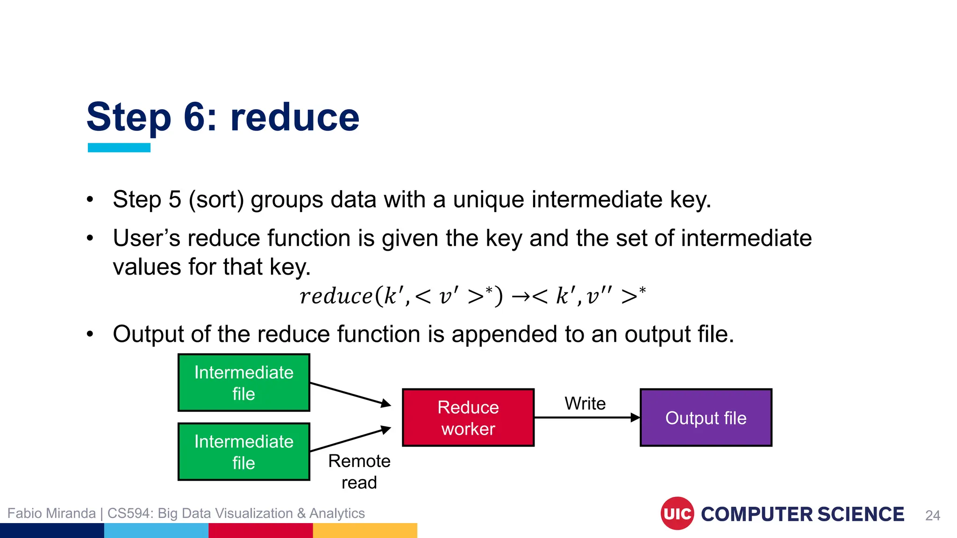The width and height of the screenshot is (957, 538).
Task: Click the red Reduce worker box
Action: click(x=468, y=418)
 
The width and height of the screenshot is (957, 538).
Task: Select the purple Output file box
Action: click(x=706, y=418)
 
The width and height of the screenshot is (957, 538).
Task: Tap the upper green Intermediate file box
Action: click(x=243, y=382)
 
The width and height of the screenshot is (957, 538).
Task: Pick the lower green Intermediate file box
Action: click(x=243, y=452)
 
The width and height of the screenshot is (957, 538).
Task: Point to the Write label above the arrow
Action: click(x=585, y=403)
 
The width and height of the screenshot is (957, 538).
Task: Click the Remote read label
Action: click(x=359, y=471)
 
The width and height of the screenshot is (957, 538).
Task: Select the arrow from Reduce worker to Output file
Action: click(x=586, y=418)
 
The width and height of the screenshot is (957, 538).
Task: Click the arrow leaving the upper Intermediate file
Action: click(x=350, y=394)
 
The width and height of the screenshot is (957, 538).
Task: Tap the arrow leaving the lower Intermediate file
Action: click(x=350, y=439)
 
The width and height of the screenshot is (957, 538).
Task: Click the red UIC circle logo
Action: click(x=677, y=514)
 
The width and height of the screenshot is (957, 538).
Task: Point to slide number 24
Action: click(x=932, y=515)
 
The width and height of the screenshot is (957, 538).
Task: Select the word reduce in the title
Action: click(x=295, y=118)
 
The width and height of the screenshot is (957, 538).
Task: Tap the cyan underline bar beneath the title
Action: click(x=119, y=148)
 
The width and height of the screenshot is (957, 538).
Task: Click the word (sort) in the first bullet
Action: click(x=216, y=200)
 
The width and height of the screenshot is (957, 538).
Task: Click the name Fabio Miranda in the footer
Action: click(x=51, y=513)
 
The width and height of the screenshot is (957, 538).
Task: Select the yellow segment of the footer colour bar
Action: click(x=364, y=531)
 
